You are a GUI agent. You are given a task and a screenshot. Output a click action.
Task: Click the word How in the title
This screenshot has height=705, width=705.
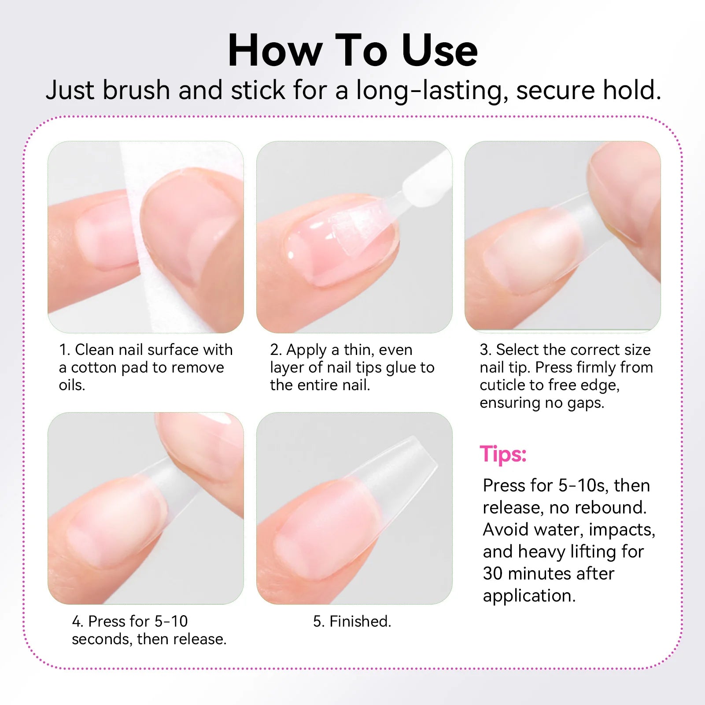click(275, 51)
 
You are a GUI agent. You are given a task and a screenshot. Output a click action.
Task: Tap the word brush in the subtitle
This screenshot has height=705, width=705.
click(136, 90)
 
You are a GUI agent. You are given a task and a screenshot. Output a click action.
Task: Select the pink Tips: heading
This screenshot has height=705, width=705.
click(503, 454)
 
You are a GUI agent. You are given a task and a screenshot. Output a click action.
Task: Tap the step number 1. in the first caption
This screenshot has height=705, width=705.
click(64, 350)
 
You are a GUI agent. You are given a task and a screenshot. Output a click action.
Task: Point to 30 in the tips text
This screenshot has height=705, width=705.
click(492, 574)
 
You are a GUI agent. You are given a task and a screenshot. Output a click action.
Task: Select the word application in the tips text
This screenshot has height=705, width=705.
click(529, 596)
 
